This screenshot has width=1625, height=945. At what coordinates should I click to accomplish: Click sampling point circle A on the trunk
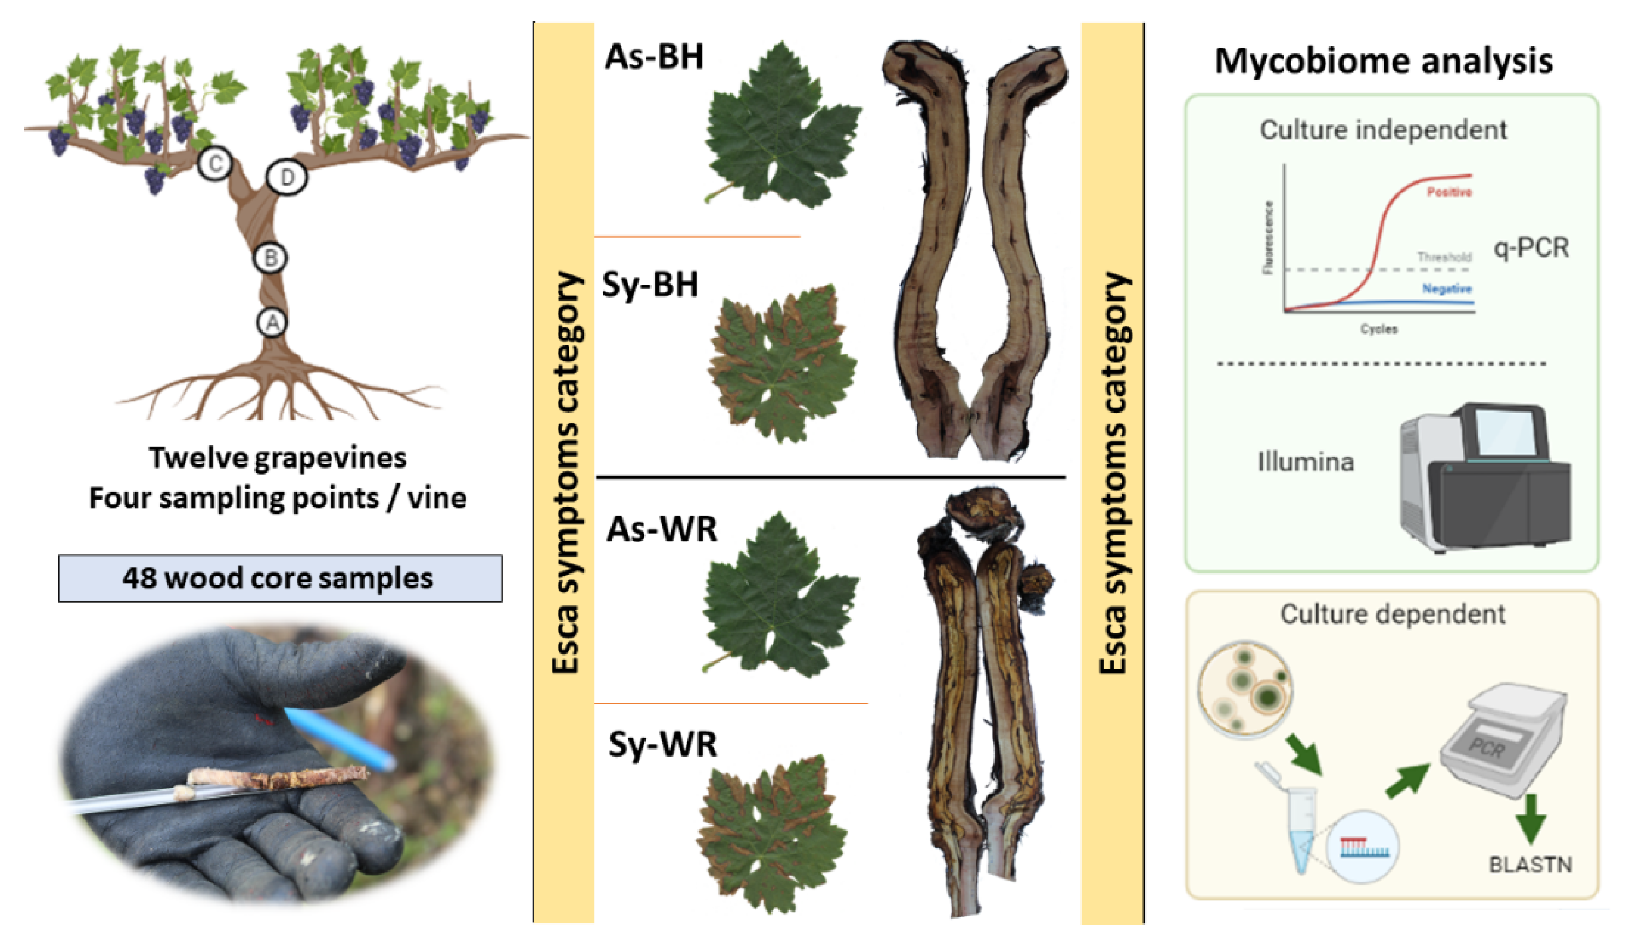(x=272, y=322)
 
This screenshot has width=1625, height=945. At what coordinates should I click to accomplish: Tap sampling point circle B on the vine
(x=270, y=258)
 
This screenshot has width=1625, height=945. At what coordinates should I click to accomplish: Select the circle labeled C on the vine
(x=214, y=164)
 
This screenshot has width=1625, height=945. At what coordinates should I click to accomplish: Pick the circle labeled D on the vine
(x=287, y=177)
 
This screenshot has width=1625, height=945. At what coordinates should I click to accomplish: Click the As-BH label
(x=654, y=57)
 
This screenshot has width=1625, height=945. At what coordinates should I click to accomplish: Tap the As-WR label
(x=662, y=529)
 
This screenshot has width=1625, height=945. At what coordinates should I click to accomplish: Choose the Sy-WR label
(x=663, y=745)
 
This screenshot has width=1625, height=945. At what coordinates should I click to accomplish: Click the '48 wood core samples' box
(x=280, y=578)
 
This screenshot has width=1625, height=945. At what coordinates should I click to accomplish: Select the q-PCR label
(x=1531, y=247)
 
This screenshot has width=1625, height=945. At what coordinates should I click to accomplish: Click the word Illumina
(x=1305, y=462)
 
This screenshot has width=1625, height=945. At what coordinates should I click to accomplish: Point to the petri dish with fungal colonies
(x=1245, y=689)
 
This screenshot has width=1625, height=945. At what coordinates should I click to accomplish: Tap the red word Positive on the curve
(x=1449, y=192)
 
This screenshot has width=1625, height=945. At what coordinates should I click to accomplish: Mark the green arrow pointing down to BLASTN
(x=1530, y=818)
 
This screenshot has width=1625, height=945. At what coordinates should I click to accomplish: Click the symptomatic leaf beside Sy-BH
(x=782, y=363)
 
